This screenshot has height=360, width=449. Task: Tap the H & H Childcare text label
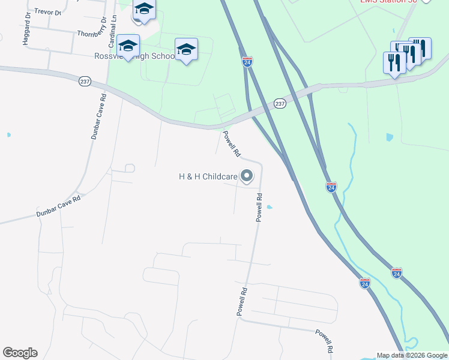click(x=208, y=176)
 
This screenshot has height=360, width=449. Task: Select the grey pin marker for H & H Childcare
click(x=247, y=176)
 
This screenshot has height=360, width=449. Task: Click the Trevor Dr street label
click(x=48, y=11)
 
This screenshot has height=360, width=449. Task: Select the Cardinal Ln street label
click(x=112, y=32)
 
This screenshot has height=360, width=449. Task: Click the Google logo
click(x=20, y=353)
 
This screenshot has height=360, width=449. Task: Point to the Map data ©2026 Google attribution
click(x=412, y=355)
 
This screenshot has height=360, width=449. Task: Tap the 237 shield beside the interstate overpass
click(x=280, y=103)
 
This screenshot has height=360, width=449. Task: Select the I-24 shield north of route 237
click(x=247, y=61)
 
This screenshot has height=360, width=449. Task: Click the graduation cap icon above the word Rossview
click(x=128, y=46)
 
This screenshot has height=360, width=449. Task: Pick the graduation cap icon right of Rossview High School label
click(x=186, y=49)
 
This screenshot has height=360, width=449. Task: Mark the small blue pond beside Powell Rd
click(x=269, y=208)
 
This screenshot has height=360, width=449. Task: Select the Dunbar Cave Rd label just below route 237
click(x=98, y=117)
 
